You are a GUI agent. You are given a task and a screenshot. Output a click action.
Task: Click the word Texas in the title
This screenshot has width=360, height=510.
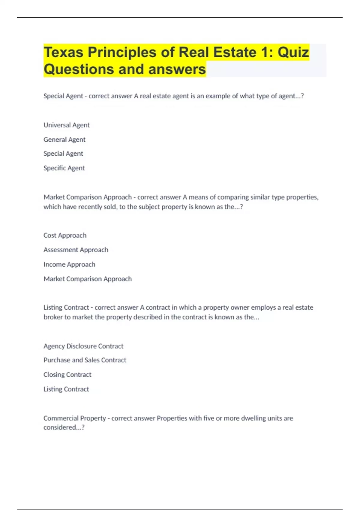63,52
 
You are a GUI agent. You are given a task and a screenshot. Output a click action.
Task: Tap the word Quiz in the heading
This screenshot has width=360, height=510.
293,52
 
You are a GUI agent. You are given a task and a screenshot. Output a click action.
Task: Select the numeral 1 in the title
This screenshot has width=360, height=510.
265,52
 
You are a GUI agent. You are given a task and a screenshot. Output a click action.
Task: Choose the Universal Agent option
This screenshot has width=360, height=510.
67,125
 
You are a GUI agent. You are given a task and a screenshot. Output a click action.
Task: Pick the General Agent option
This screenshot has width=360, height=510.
64,139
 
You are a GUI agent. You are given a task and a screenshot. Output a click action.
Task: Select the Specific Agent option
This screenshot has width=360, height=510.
64,168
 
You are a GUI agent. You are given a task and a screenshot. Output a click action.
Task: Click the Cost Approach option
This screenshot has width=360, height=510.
65,235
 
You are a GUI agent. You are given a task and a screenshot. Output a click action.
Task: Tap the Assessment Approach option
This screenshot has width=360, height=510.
76,250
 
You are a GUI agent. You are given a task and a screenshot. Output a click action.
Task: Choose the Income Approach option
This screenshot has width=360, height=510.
69,264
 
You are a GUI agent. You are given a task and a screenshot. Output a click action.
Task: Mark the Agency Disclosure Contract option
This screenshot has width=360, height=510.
83,346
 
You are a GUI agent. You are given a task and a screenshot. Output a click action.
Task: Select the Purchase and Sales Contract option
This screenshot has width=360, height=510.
85,360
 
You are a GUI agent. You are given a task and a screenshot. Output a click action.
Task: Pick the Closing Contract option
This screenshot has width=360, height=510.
67,375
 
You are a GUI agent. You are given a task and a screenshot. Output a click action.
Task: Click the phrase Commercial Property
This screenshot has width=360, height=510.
75,418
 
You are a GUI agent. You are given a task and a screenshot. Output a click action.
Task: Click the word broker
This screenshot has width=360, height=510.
53,317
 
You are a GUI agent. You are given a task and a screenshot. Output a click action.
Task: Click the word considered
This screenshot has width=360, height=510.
62,427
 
